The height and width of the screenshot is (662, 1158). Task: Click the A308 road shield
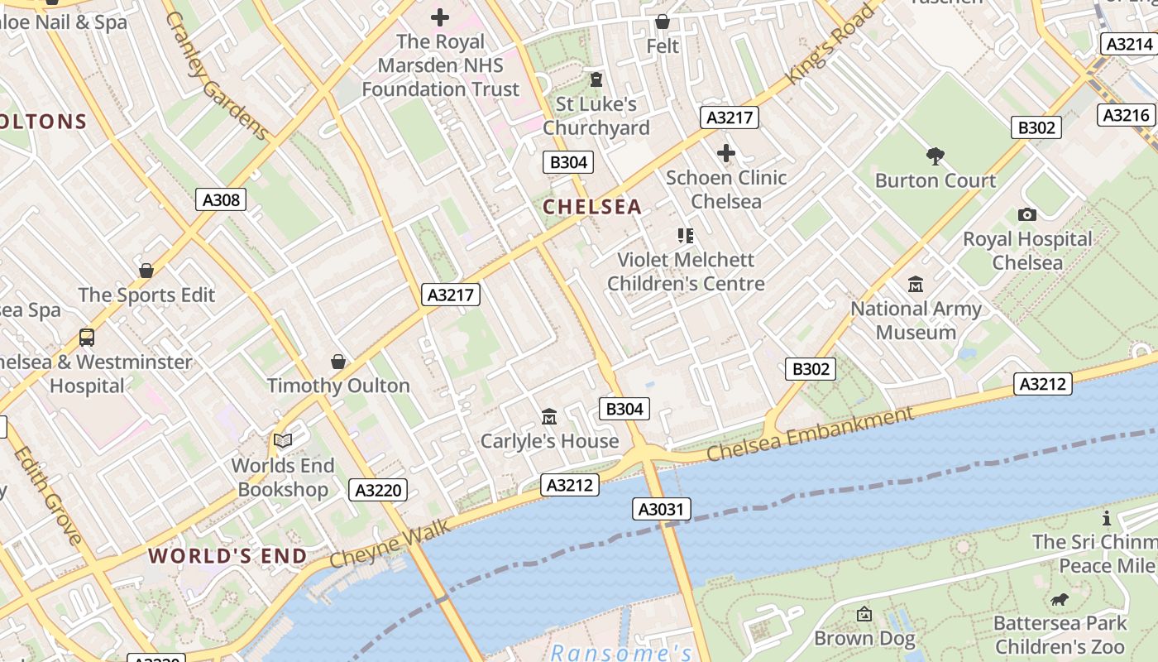point(222,199)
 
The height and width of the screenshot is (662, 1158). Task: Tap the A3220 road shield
point(378,490)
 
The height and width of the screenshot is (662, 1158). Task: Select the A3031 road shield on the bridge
point(663,509)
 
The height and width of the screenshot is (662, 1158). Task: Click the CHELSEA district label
point(592,207)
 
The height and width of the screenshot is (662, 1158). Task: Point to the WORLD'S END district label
point(227,555)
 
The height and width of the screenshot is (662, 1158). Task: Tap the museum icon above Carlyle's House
point(549,416)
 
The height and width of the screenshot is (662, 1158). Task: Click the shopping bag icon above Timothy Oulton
point(337,362)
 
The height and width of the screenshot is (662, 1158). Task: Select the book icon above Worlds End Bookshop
point(283,441)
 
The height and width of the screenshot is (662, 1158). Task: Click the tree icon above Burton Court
point(935,156)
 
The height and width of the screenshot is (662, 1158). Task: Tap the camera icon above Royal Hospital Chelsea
point(1027,215)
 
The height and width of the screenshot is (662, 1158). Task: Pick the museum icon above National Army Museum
point(916,285)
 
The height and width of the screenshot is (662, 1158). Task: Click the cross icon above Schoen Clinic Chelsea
point(726,153)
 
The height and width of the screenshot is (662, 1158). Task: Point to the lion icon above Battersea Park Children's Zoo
point(1060,599)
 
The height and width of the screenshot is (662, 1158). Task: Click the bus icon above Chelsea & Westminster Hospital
point(87,338)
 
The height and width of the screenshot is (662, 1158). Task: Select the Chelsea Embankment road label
point(811,434)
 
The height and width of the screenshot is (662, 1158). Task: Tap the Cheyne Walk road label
point(390,544)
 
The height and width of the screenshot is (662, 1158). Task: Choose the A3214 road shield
point(1128,44)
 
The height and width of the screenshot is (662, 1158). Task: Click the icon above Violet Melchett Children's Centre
point(685,236)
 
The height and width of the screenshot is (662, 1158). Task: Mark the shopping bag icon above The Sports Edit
point(146,271)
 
